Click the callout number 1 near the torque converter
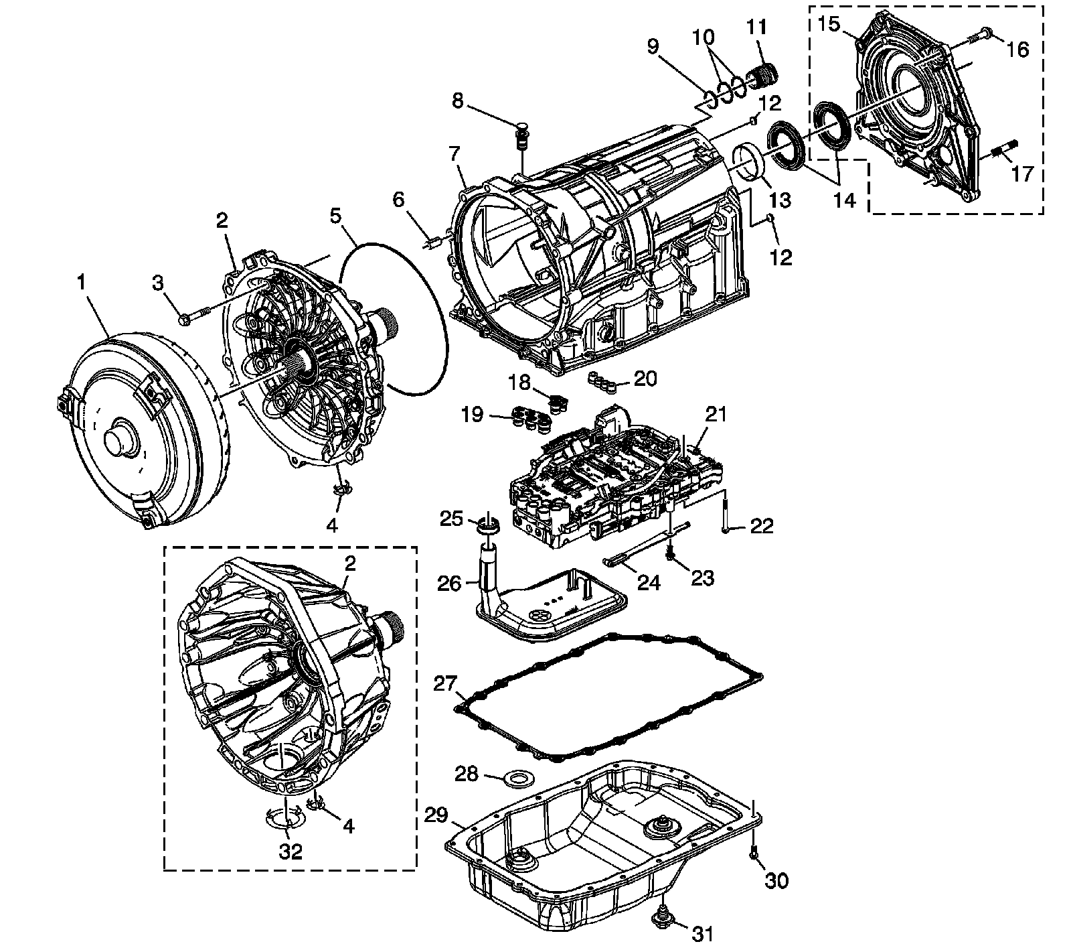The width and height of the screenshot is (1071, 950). pos(82,282)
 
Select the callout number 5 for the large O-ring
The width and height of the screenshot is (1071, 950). pos(335,216)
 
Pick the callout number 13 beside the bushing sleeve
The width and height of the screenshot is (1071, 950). pos(780,199)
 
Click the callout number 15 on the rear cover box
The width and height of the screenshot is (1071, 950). pos(829,24)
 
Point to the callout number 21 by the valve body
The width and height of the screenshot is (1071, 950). pos(716,414)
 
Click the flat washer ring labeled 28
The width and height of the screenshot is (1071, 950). pos(515,778)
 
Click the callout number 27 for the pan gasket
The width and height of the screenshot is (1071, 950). pos(445,683)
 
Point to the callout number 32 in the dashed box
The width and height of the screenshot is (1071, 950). pos(291,851)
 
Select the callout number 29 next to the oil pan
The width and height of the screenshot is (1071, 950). pos(436,815)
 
